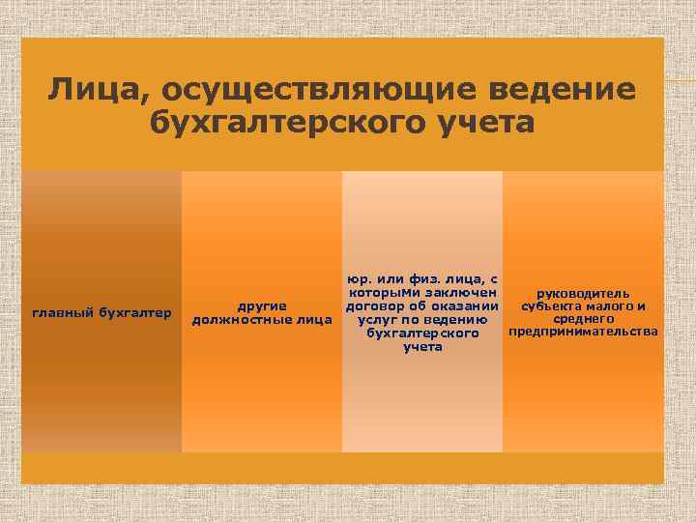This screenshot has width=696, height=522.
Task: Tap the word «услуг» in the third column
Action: pyautogui.click(x=378, y=320)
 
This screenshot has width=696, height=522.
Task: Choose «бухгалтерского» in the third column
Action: pyautogui.click(x=422, y=333)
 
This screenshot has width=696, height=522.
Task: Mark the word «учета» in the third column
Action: pyautogui.click(x=422, y=347)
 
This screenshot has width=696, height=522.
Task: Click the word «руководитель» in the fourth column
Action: pyautogui.click(x=583, y=293)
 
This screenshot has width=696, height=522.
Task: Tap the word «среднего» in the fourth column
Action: pyautogui.click(x=584, y=319)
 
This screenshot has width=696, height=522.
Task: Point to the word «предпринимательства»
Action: pyautogui.click(x=583, y=333)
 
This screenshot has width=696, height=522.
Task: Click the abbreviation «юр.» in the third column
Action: pyautogui.click(x=361, y=279)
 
